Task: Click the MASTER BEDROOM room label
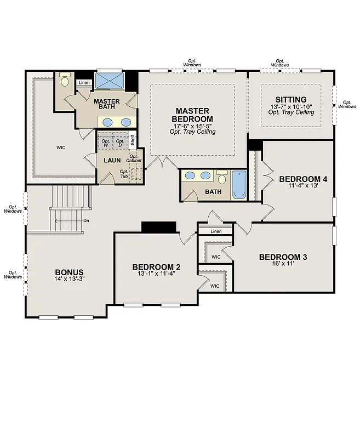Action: tap(192, 115)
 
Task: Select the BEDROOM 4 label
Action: tap(303, 179)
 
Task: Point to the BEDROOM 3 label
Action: tap(283, 257)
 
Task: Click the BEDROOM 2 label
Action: tap(156, 267)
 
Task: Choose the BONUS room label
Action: tap(69, 272)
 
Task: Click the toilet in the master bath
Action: tap(65, 81)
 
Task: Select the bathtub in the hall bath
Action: tap(239, 184)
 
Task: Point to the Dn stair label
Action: tap(86, 221)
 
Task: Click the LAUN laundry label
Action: tap(112, 161)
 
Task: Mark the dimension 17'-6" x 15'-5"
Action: tap(192, 126)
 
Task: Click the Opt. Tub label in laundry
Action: tap(125, 174)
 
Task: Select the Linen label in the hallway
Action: tap(215, 232)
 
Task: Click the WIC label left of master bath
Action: tap(61, 147)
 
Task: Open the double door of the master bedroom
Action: tap(162, 162)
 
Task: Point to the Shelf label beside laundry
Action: tap(133, 139)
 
